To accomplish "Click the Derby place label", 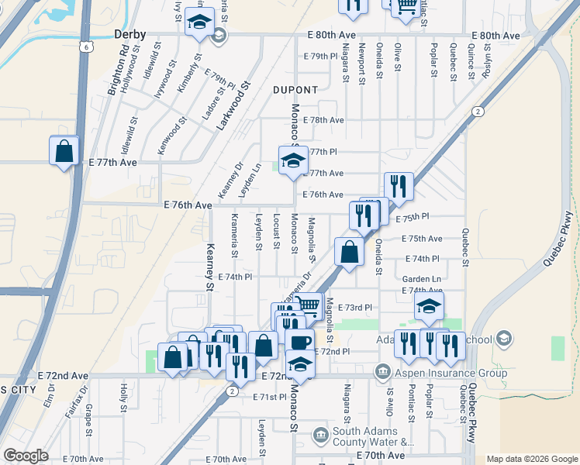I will pyautogui.click(x=129, y=34).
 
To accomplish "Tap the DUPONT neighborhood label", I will pyautogui.click(x=295, y=90).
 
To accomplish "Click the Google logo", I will pyautogui.click(x=26, y=456).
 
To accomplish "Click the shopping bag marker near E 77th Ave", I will pyautogui.click(x=64, y=150).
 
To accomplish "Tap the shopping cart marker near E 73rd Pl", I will pyautogui.click(x=308, y=305).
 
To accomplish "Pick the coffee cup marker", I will pyautogui.click(x=299, y=341).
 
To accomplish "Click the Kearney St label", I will pyautogui.click(x=209, y=267).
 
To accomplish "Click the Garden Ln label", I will pyautogui.click(x=421, y=279).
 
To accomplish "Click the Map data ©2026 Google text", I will pyautogui.click(x=531, y=458).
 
